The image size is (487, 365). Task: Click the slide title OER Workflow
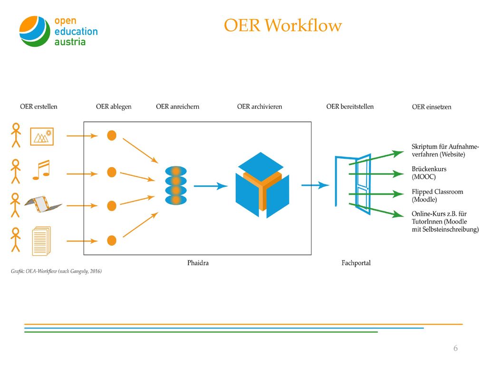click(x=282, y=25)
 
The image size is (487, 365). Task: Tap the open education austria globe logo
click(x=35, y=31)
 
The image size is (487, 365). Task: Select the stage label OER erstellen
click(x=39, y=106)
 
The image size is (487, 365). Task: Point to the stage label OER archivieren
click(x=259, y=106)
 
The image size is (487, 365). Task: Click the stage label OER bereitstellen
click(x=350, y=106)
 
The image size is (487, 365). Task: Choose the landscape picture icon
click(x=42, y=136)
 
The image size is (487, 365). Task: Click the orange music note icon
click(x=41, y=170)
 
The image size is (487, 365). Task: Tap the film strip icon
click(x=43, y=203)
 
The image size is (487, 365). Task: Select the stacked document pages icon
click(x=42, y=241)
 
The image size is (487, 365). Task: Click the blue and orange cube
click(x=262, y=185)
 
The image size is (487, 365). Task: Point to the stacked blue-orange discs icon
click(x=176, y=185)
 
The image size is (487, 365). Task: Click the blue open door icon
click(x=353, y=184)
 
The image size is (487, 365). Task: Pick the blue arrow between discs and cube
click(x=211, y=186)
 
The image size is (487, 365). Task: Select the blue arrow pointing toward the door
click(x=315, y=185)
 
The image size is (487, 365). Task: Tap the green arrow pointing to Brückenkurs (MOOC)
click(x=376, y=174)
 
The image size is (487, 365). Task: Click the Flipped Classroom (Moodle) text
click(x=438, y=195)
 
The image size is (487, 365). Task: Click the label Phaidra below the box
click(x=198, y=263)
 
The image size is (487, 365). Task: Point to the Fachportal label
click(x=356, y=263)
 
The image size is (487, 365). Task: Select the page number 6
click(x=456, y=348)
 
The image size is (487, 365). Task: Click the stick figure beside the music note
click(x=16, y=171)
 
